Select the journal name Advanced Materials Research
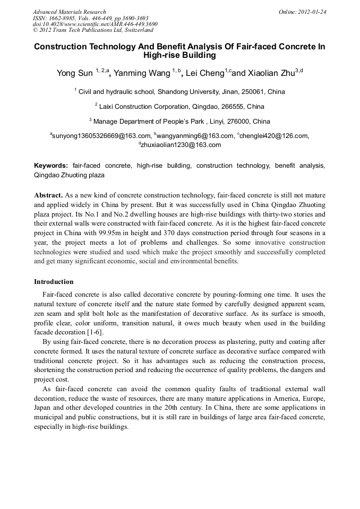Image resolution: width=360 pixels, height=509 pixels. pos(69,12)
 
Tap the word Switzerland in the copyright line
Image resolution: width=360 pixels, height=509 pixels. pos(134,31)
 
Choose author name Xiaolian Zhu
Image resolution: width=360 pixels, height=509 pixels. pos(271,73)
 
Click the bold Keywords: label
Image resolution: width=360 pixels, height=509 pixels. pos(51,166)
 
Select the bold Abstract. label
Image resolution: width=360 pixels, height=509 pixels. pos(48,195)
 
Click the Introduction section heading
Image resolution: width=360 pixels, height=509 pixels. pos(54,282)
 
